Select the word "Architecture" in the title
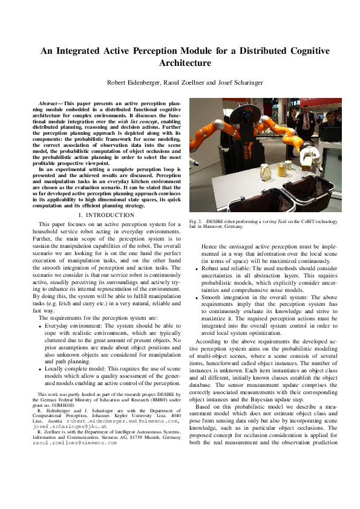(x=185, y=63)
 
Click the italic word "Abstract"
(x=49, y=104)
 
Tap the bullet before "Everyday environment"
(x=39, y=326)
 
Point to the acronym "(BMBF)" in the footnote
(x=137, y=400)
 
